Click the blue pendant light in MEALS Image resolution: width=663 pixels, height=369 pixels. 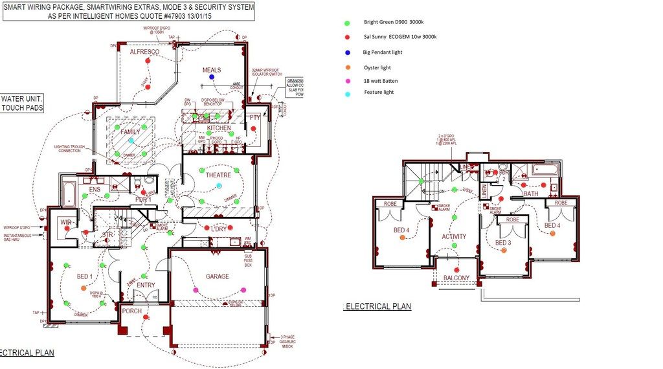(x=212, y=77)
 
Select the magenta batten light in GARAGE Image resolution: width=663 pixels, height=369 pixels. (x=243, y=290)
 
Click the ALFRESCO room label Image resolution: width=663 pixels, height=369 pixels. (x=144, y=51)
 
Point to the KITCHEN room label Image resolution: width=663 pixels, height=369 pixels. (x=219, y=128)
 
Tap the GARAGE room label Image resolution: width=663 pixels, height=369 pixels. (x=218, y=276)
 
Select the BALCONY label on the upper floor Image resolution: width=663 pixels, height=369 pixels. (x=456, y=278)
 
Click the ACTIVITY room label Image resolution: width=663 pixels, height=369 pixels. (x=454, y=237)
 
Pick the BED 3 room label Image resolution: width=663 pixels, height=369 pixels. (x=503, y=243)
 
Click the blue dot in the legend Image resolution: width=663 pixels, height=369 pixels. (x=348, y=52)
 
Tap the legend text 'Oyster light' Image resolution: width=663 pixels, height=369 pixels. (x=377, y=67)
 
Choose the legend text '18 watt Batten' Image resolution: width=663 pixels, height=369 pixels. (x=381, y=81)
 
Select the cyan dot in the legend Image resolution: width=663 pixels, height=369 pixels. (x=348, y=94)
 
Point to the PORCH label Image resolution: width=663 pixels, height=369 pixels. (x=132, y=311)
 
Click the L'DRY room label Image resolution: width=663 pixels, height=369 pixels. (x=218, y=229)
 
